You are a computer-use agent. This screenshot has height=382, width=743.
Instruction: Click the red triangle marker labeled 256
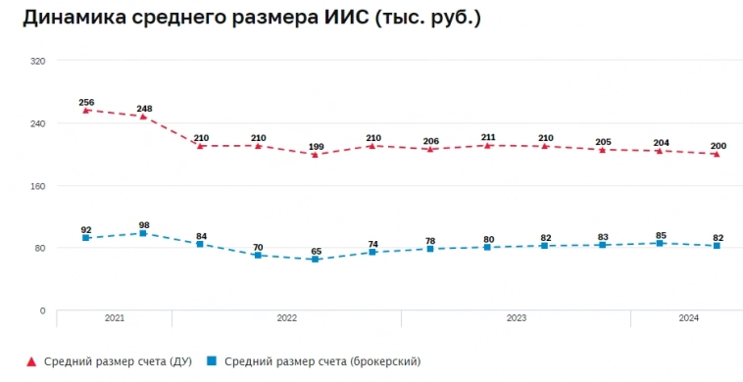(x=86, y=111)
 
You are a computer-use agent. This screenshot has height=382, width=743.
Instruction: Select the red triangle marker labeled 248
(x=143, y=117)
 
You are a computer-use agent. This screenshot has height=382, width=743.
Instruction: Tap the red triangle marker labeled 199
(x=316, y=154)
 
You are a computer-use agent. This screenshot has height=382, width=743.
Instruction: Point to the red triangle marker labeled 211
(x=488, y=145)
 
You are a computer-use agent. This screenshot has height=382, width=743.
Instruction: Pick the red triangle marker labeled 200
(x=718, y=154)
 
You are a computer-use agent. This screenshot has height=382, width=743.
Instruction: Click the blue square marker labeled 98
(x=143, y=233)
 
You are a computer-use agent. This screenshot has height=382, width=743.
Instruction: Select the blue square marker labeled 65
(x=316, y=260)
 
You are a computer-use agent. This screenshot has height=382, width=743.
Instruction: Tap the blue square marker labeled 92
(x=86, y=238)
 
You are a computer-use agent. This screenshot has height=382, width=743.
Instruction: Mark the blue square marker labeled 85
(x=661, y=243)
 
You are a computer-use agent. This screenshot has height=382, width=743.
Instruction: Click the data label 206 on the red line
(x=430, y=141)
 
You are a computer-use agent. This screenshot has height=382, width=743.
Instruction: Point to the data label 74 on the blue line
(x=373, y=244)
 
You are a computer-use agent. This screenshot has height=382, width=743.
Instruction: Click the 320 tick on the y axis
(x=38, y=61)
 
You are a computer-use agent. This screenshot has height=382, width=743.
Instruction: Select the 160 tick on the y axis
(x=38, y=186)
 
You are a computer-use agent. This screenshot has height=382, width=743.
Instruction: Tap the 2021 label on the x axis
(x=115, y=318)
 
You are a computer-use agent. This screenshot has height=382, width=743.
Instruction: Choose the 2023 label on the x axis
(x=517, y=318)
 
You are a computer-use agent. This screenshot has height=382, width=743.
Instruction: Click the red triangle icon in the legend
(x=31, y=361)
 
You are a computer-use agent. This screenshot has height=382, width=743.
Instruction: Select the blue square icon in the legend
(x=211, y=361)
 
